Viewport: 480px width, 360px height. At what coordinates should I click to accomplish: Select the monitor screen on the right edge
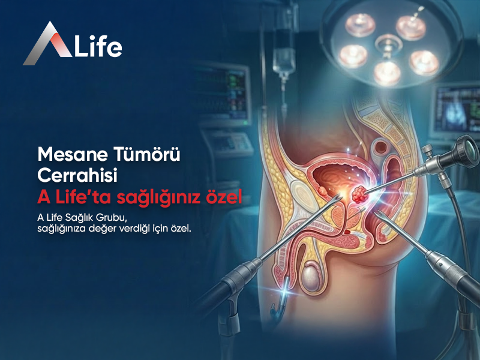tap(458, 110)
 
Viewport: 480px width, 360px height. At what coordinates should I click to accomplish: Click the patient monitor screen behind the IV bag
tap(226, 87)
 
